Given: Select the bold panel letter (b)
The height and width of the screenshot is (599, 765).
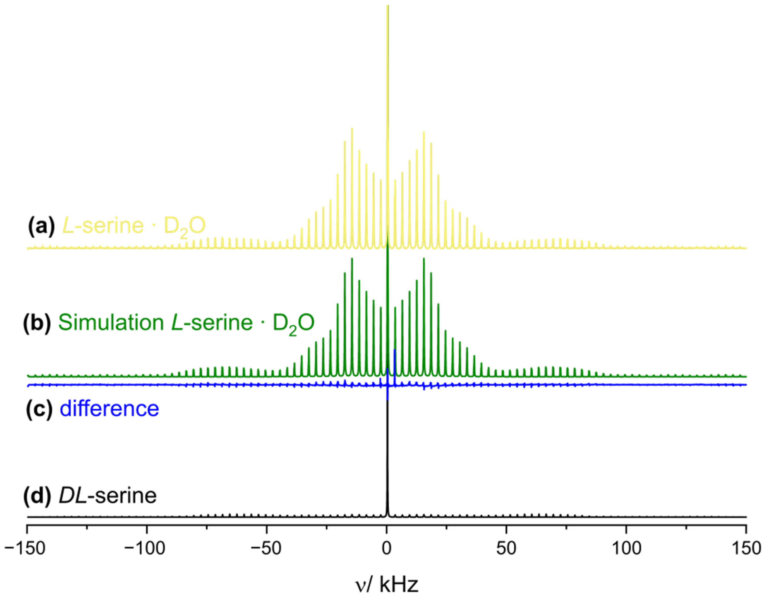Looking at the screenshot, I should pyautogui.click(x=37, y=322).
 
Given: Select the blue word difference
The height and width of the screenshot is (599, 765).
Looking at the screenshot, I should pyautogui.click(x=109, y=408).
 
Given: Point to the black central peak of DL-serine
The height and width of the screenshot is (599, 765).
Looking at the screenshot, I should pyautogui.click(x=387, y=456).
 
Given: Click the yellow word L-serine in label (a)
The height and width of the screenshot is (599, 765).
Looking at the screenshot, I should pyautogui.click(x=103, y=225).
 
